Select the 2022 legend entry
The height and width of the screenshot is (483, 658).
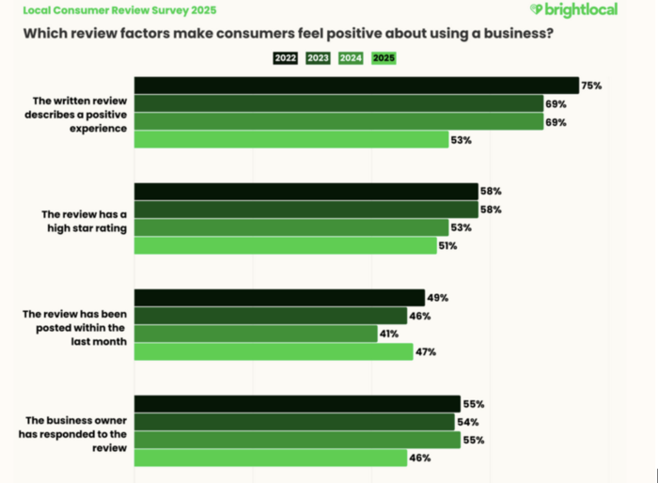[x=286, y=58]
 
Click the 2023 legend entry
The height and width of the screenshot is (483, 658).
[x=318, y=58]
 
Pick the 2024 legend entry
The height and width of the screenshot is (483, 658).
[x=351, y=58]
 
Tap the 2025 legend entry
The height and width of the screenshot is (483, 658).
[x=384, y=58]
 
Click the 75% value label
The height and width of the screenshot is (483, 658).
[x=591, y=86]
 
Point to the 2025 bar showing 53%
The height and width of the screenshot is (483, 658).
[x=291, y=140]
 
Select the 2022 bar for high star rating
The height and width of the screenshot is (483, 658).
[x=306, y=192]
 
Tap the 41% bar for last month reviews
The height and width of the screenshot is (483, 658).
[x=256, y=334]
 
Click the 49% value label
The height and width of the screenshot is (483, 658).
[x=437, y=298]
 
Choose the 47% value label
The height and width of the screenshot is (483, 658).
[x=426, y=352]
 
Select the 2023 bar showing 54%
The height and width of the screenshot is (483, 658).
[x=294, y=422]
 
